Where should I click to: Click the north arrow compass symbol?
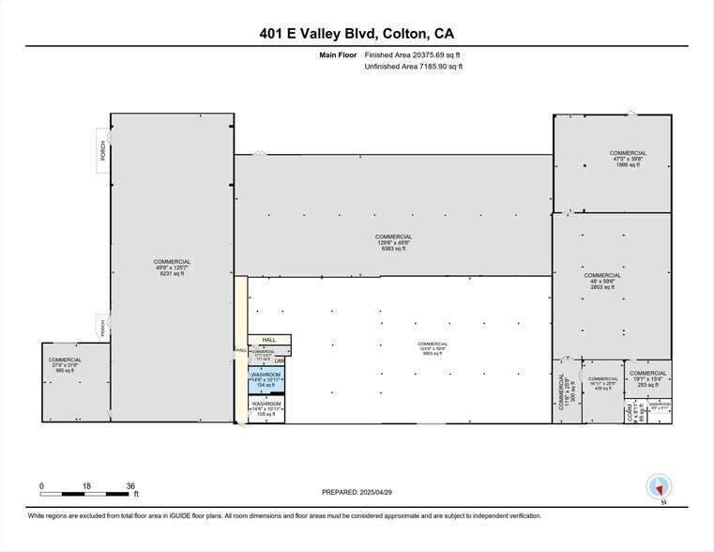[x=660, y=487]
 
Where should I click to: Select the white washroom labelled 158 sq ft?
[x=266, y=408]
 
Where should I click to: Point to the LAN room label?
[x=279, y=361]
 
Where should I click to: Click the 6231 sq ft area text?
[x=173, y=274]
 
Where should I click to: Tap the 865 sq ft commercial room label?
[x=66, y=372]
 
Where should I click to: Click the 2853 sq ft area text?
[x=601, y=287]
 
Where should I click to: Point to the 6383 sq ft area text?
[x=393, y=249]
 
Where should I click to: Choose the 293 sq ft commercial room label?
[x=648, y=385]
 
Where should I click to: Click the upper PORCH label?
[x=103, y=150]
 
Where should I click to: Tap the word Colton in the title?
[x=406, y=34]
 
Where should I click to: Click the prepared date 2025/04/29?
[x=389, y=491]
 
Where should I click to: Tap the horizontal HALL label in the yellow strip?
[x=268, y=340]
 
